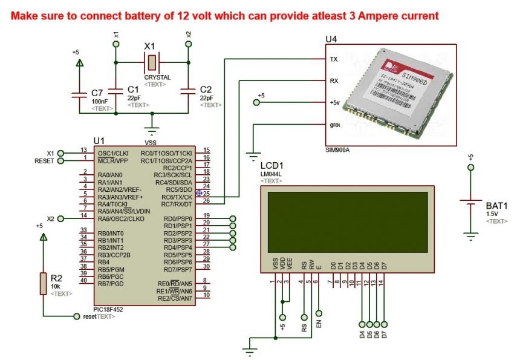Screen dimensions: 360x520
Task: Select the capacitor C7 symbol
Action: click(78, 94)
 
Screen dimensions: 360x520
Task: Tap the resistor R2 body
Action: click(42, 283)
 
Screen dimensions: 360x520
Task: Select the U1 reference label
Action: click(99, 141)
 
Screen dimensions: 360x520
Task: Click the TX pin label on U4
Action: click(333, 59)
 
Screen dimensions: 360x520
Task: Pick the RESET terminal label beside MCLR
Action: click(44, 161)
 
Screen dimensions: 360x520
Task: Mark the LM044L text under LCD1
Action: click(271, 174)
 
